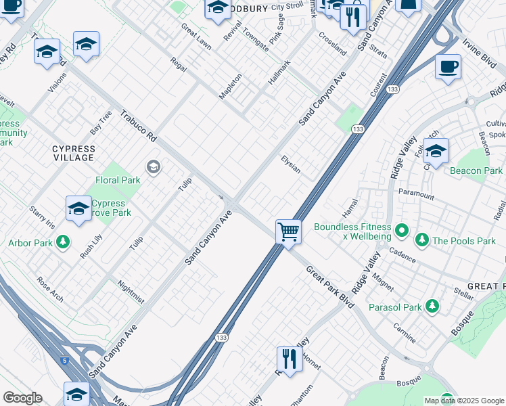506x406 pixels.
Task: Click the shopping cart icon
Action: [x=288, y=231]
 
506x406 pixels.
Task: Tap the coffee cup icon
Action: [x=448, y=68]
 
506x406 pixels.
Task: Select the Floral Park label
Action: [x=118, y=180]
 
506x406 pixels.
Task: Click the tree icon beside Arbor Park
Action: [x=63, y=242]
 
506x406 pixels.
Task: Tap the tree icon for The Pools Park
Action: [x=422, y=240]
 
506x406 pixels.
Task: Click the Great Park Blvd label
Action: [x=330, y=287]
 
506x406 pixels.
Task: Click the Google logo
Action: [x=22, y=398]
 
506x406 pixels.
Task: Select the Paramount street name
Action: [x=416, y=194]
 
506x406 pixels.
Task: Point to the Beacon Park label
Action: [x=476, y=171]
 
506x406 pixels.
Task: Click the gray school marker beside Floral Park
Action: [x=154, y=167]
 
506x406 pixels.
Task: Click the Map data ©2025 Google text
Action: [x=463, y=401]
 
